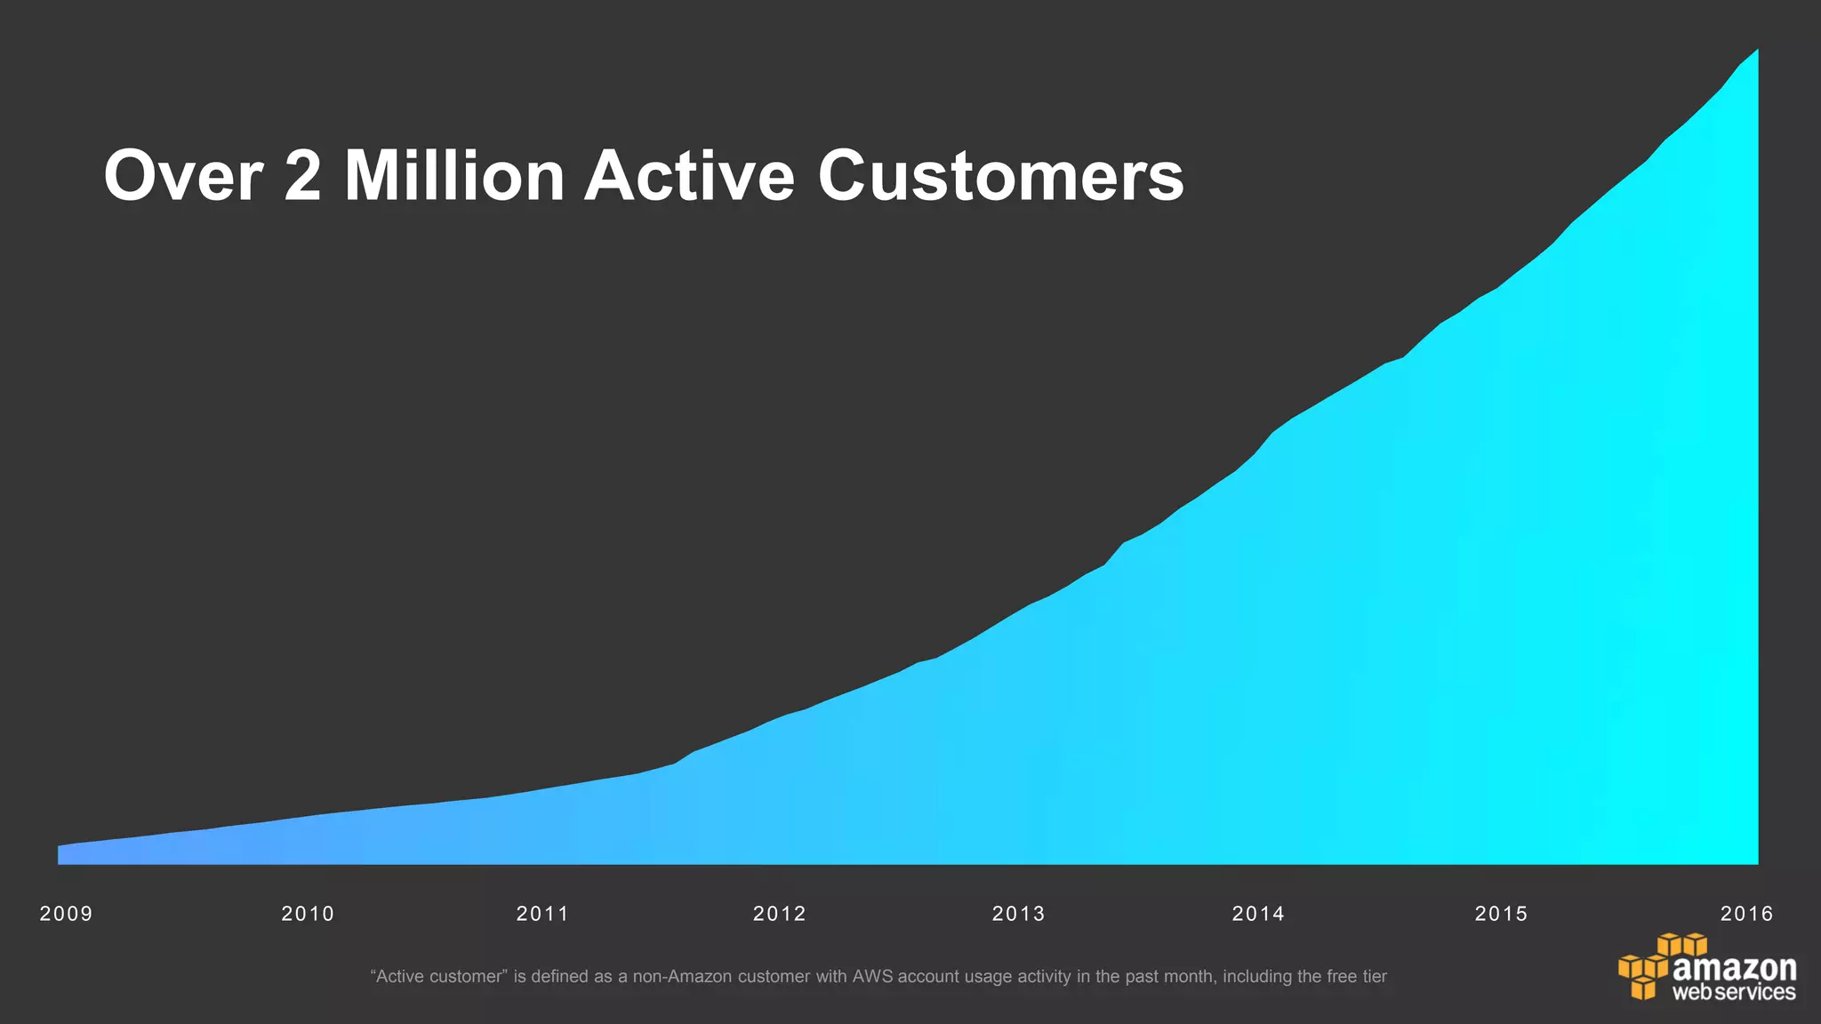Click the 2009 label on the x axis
(x=66, y=914)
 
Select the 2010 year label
(x=308, y=914)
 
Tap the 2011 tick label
(x=542, y=914)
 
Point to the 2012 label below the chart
(x=780, y=914)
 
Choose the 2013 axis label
(x=1019, y=914)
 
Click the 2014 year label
(x=1258, y=914)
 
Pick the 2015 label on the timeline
(x=1501, y=914)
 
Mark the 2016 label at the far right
(x=1746, y=914)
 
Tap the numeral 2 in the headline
(x=303, y=176)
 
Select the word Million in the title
(x=454, y=176)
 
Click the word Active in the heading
(x=689, y=176)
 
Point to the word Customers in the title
(x=1000, y=176)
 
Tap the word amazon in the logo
(x=1734, y=967)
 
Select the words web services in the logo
(x=1734, y=992)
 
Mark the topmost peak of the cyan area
(x=1756, y=52)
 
